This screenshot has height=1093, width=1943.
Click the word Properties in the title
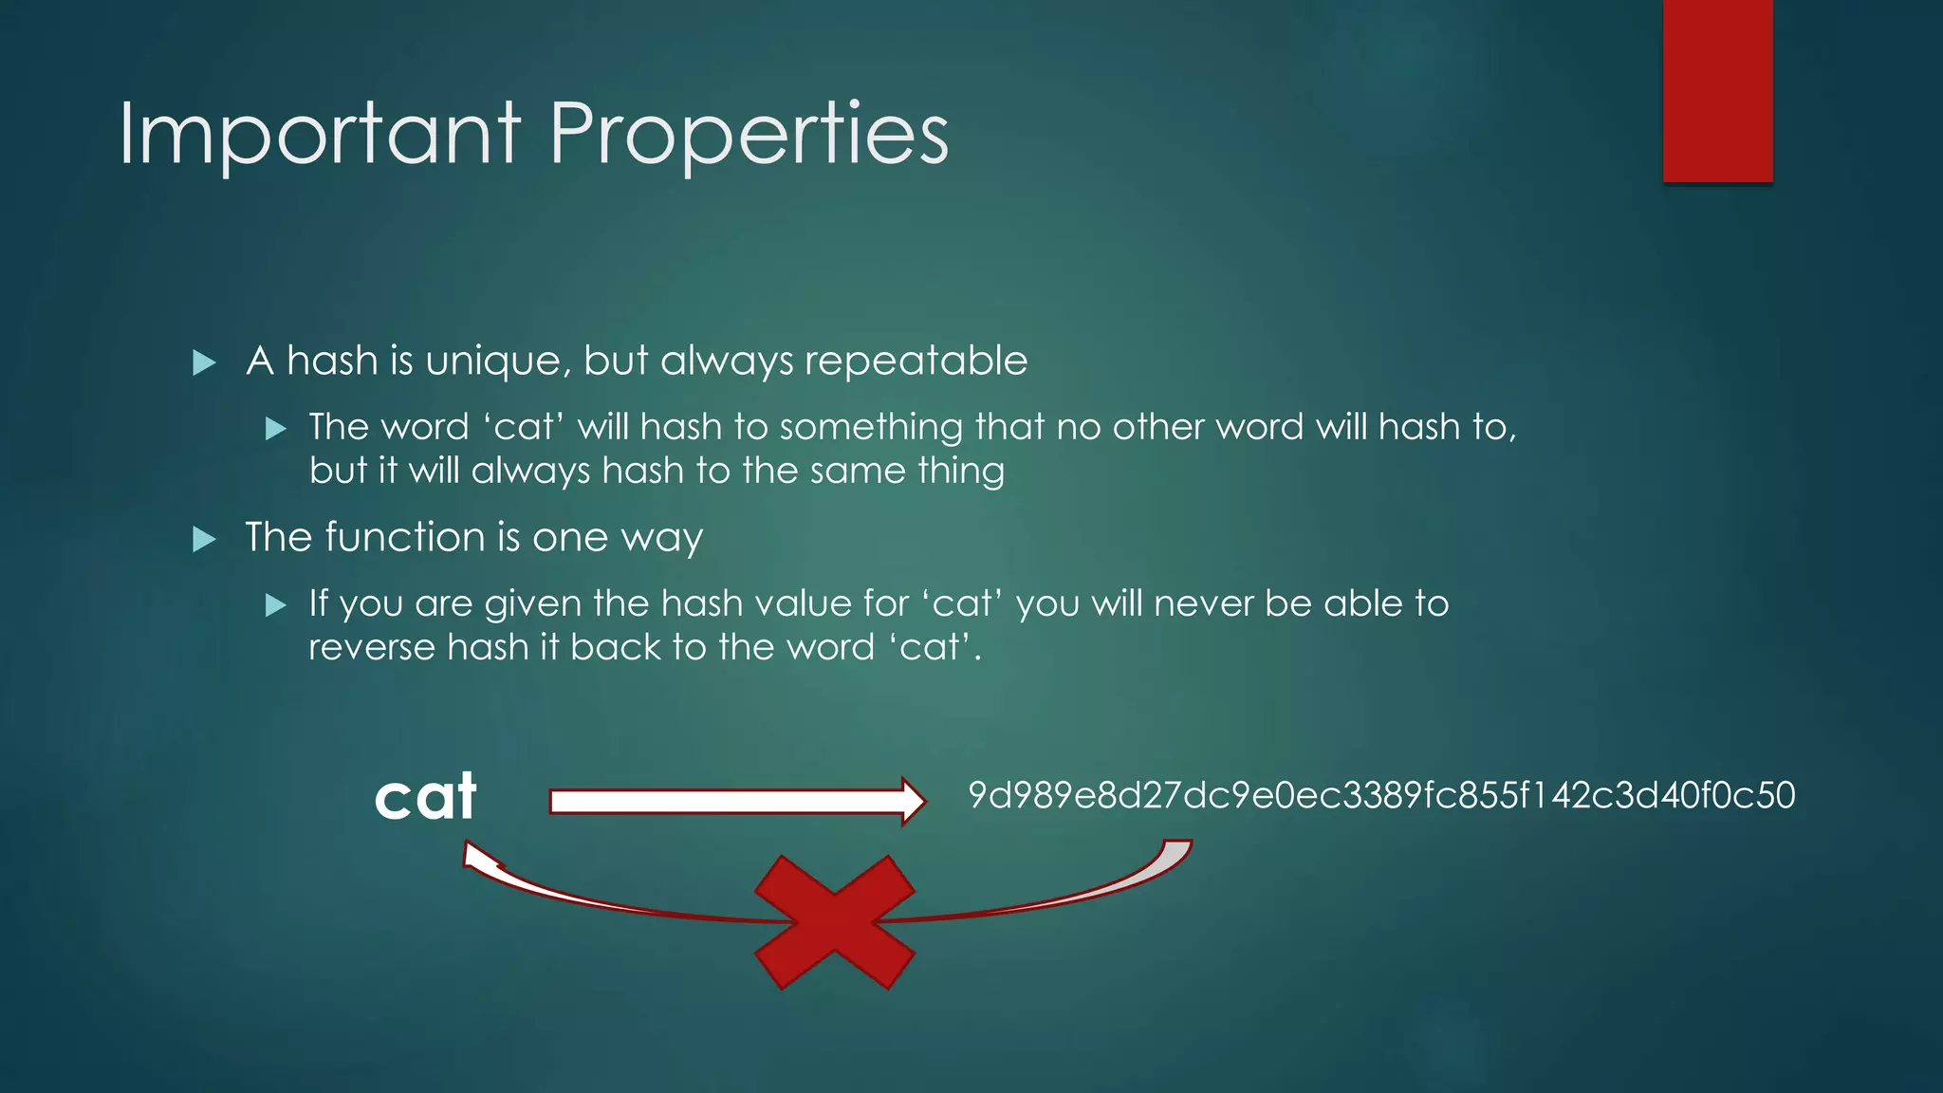tap(749, 135)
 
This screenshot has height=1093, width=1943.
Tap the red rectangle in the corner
tap(1717, 90)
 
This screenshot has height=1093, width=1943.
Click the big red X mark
tap(835, 922)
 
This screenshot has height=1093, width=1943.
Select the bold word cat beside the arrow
tap(425, 797)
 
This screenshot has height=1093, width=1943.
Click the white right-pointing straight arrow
tap(736, 802)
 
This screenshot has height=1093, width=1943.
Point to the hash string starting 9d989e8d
tap(1381, 795)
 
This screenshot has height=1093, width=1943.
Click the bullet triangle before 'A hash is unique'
tap(204, 362)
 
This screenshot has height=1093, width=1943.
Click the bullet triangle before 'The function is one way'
tap(204, 539)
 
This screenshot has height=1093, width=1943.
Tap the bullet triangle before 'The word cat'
tap(276, 429)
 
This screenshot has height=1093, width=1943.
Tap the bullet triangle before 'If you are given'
tap(276, 605)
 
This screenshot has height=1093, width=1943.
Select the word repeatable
tap(916, 361)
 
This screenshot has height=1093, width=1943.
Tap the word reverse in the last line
tap(371, 647)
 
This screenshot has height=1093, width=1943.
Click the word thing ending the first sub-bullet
tap(961, 471)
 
